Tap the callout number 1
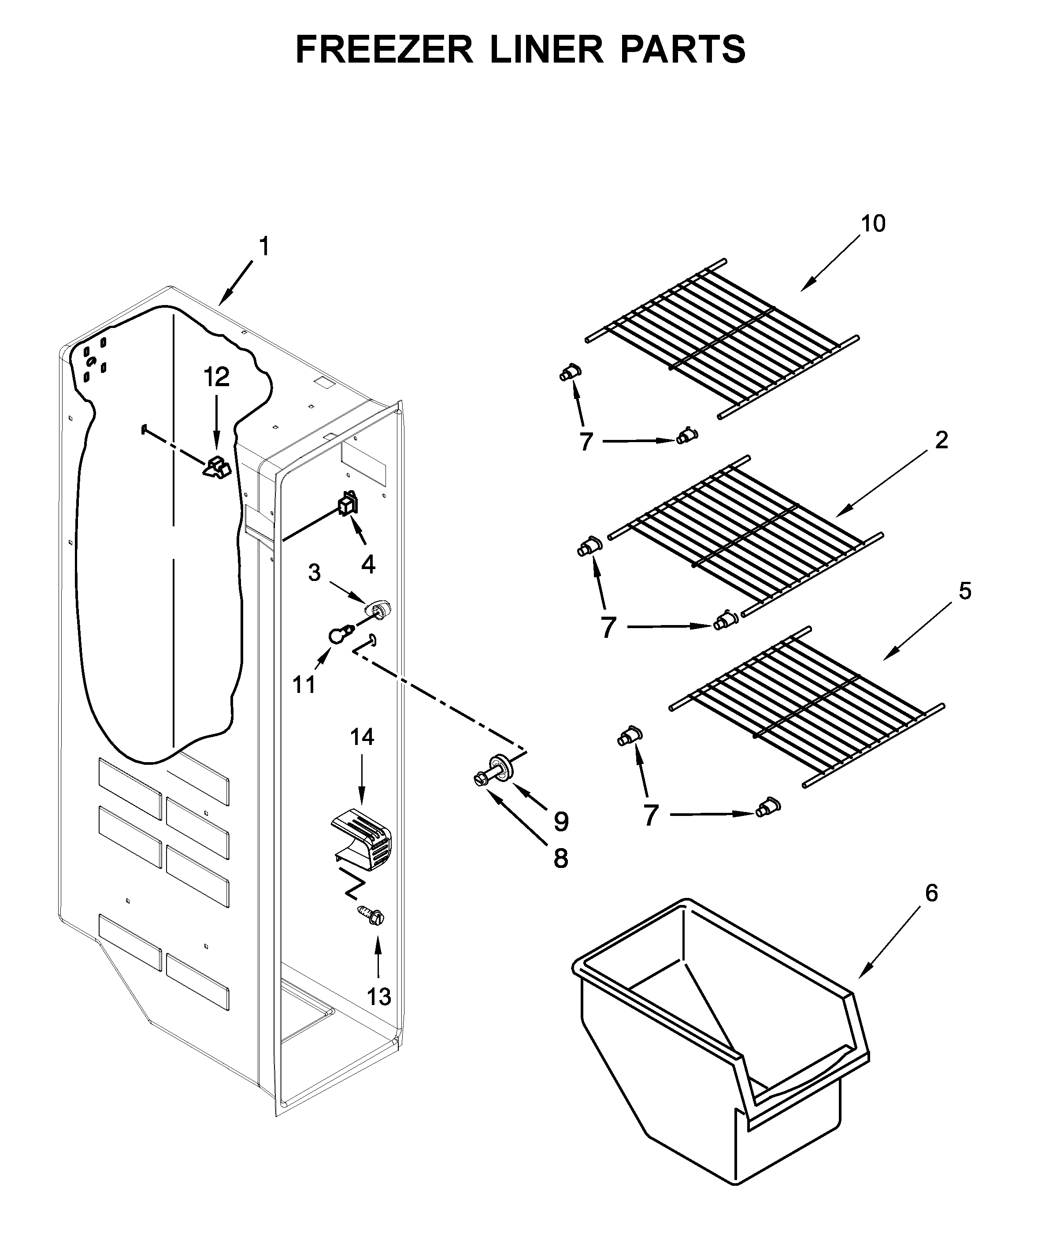coord(264,246)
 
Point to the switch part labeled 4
coord(347,503)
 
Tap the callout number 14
coord(362,737)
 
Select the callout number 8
coord(560,858)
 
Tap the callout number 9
coord(561,822)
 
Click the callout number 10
coord(873,223)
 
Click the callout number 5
coord(964,591)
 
